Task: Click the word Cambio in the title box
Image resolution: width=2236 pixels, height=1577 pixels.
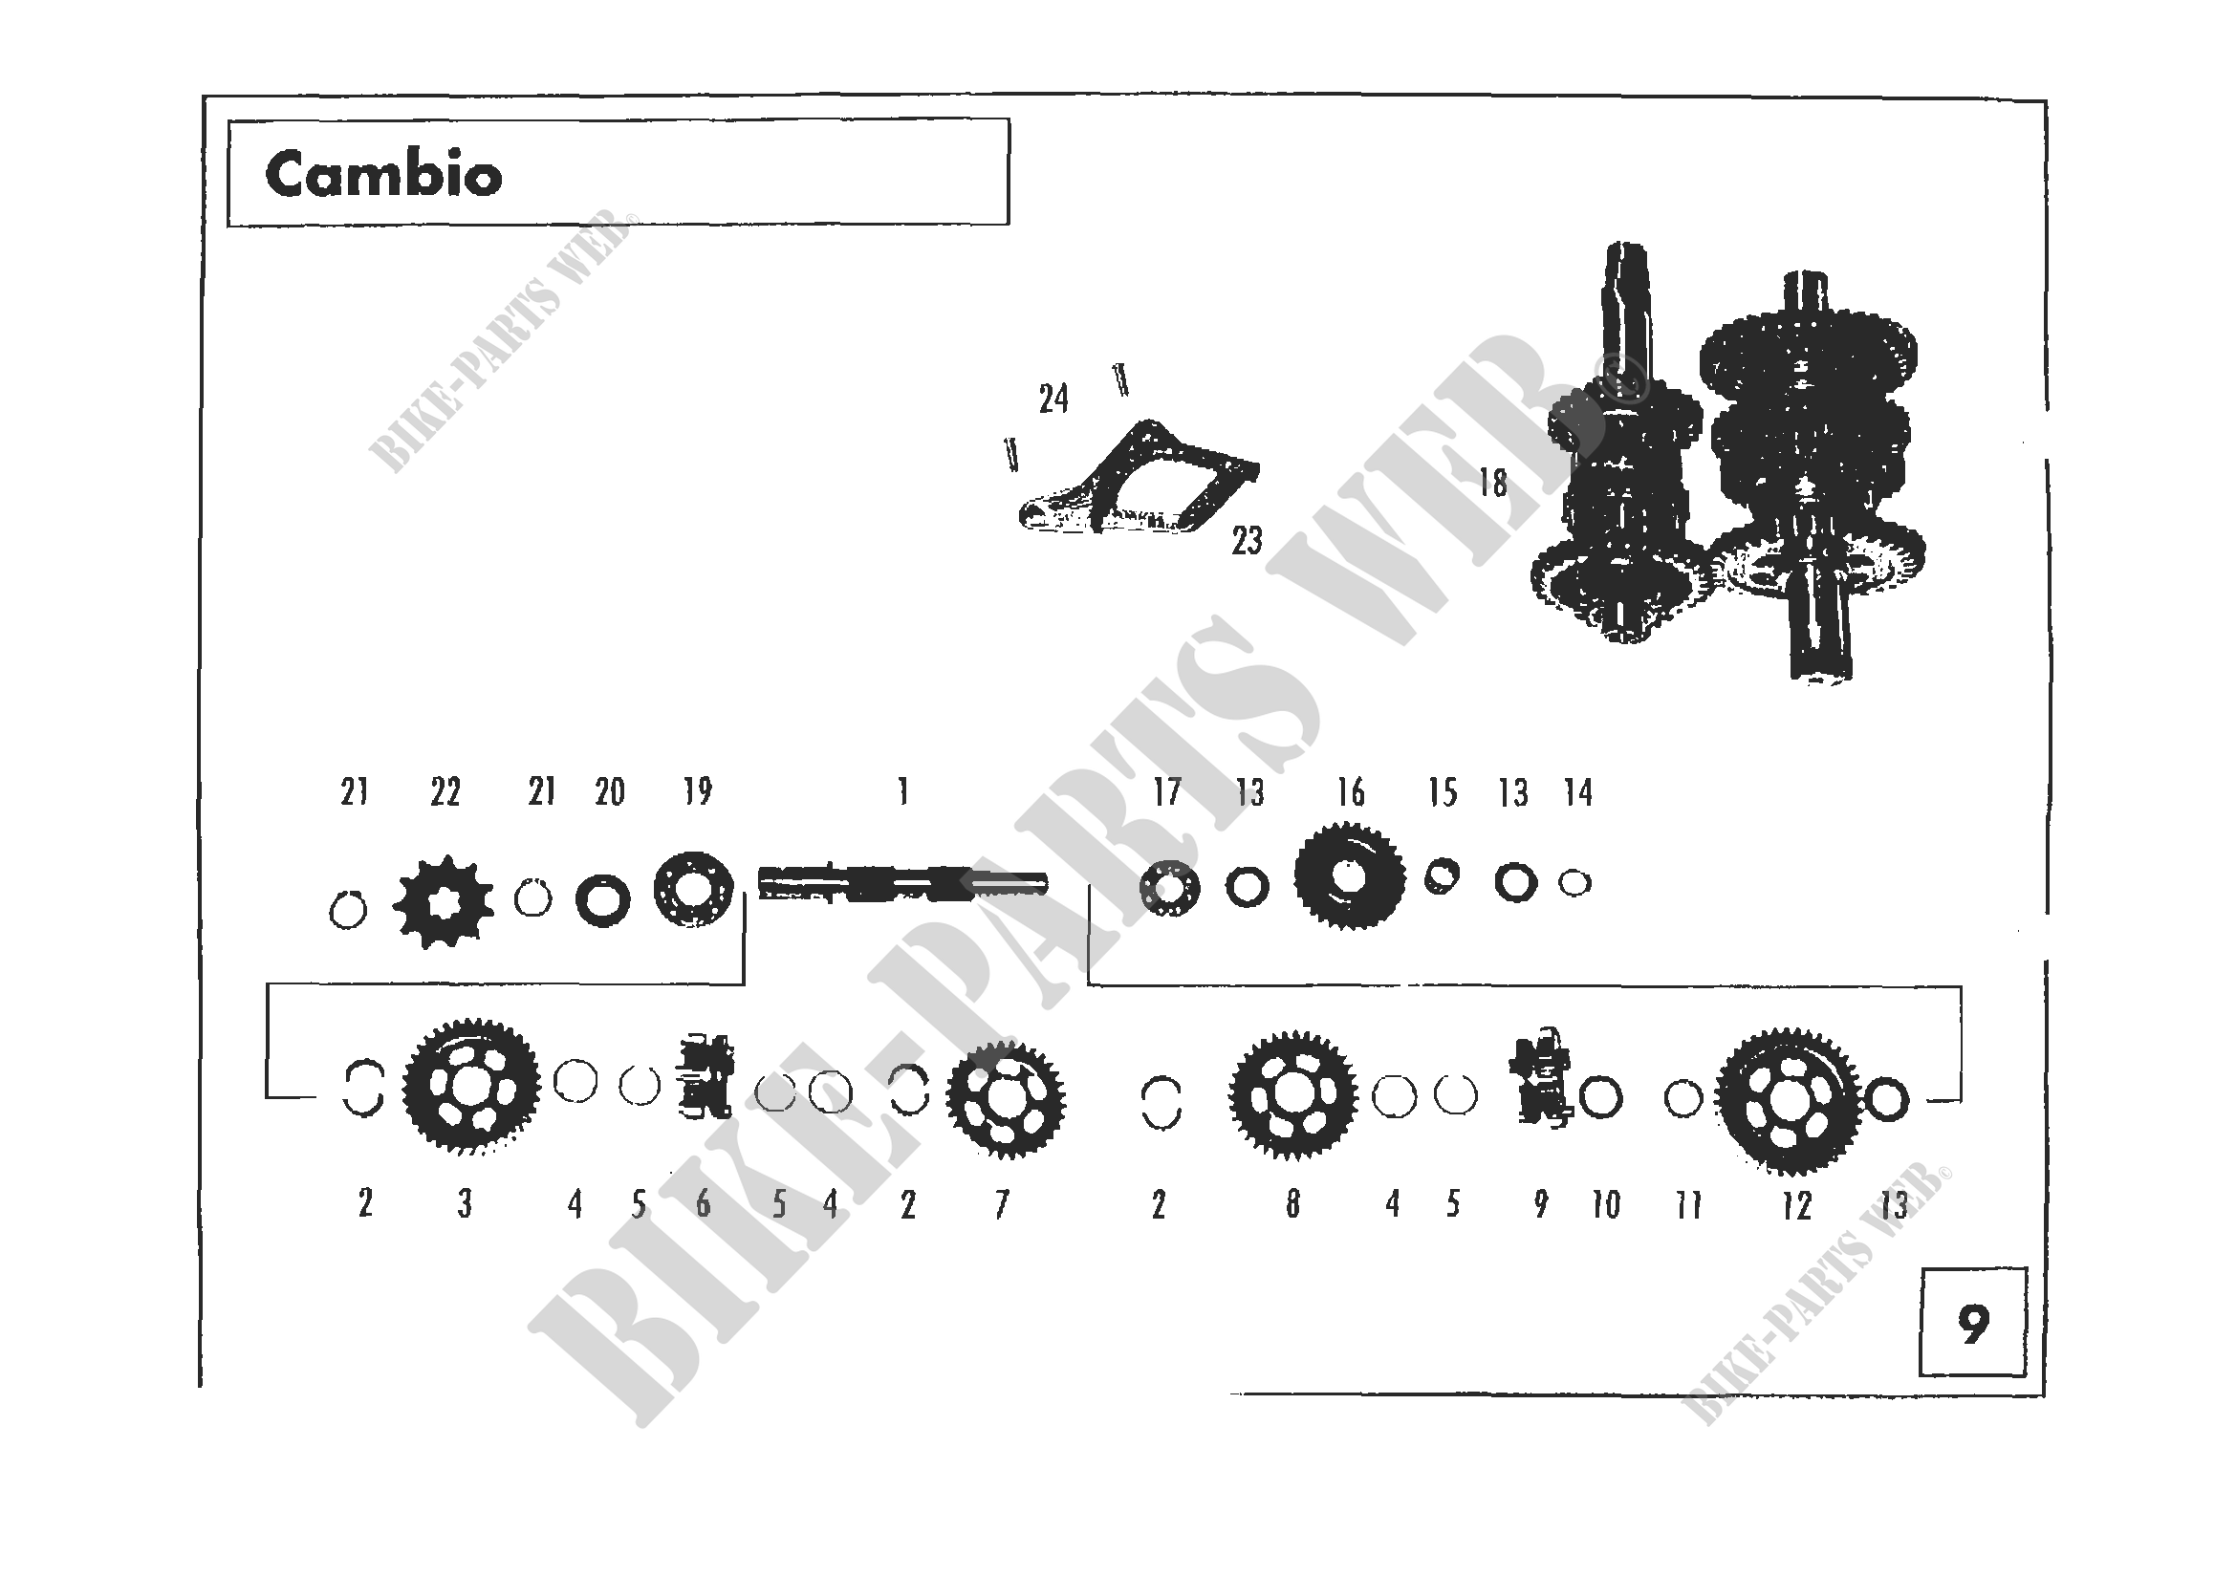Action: [x=382, y=175]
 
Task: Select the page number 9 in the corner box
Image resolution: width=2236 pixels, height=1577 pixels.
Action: [x=1973, y=1325]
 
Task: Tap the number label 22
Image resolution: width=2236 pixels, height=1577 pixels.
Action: [x=445, y=792]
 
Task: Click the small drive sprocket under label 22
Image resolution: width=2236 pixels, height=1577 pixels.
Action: [x=444, y=901]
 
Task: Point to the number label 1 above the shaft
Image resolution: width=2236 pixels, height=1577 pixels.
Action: [x=903, y=791]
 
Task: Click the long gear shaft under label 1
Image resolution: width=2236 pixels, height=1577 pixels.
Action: [x=902, y=883]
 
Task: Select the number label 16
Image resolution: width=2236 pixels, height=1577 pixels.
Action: [x=1350, y=792]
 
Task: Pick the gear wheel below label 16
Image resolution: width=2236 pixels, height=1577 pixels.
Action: [x=1349, y=875]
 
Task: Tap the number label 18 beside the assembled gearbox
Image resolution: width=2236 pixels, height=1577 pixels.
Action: [x=1493, y=483]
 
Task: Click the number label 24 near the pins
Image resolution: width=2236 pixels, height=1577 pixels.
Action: [x=1053, y=399]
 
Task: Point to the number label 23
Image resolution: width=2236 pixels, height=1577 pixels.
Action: [x=1247, y=540]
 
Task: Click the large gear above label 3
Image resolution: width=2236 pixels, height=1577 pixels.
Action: [x=471, y=1087]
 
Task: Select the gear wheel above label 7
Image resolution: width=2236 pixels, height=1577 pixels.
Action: [x=1006, y=1099]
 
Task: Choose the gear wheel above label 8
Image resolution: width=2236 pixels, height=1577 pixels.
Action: [x=1292, y=1095]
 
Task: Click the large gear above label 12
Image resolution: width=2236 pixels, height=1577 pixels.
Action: [x=1788, y=1100]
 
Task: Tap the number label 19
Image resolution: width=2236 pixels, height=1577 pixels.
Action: [x=697, y=791]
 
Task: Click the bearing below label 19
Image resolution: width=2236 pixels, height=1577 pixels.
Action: [x=693, y=890]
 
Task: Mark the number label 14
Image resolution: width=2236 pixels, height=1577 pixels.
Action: [x=1577, y=792]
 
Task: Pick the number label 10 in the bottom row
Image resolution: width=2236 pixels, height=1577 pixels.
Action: [x=1606, y=1205]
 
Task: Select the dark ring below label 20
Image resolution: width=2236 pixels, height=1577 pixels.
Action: [x=603, y=900]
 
